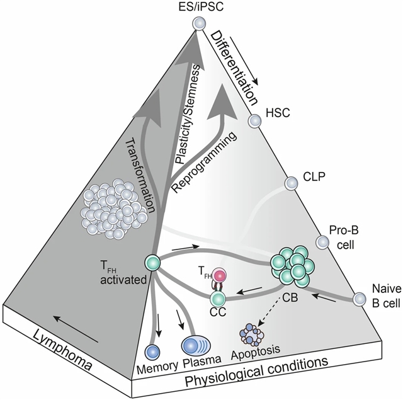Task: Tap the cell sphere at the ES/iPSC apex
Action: coord(200,23)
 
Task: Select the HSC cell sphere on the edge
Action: coord(255,121)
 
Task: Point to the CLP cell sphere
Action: coord(291,183)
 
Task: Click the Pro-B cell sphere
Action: coord(322,241)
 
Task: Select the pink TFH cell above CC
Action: coord(219,275)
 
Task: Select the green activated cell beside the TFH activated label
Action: coord(151,261)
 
